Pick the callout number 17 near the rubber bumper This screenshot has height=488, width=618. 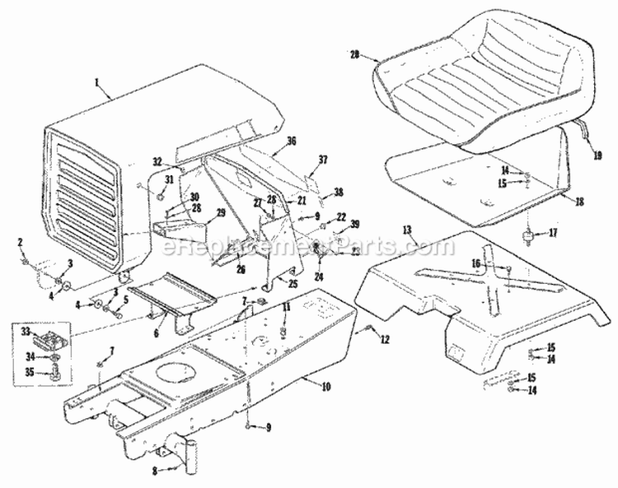pos(553,233)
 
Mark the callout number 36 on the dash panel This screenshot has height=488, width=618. pos(291,140)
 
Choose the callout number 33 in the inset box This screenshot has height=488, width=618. pos(26,331)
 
